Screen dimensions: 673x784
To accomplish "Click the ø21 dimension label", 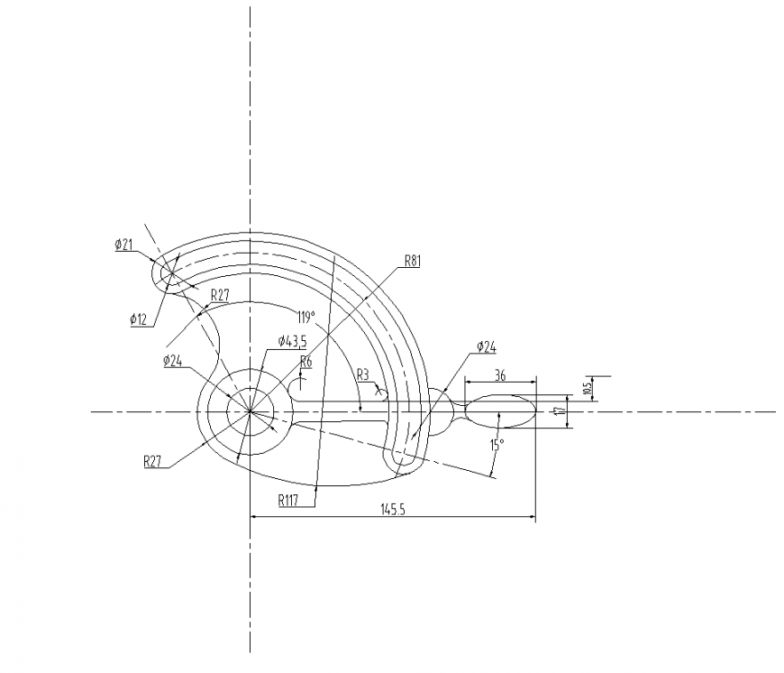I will coord(124,245).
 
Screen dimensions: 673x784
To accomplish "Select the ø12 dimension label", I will coord(139,318).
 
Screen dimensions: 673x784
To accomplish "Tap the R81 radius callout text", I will coord(413,261).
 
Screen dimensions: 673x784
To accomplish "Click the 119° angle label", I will coord(305,317).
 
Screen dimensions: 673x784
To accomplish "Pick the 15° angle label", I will coord(497,445).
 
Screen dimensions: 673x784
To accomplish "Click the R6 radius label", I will coord(305,362).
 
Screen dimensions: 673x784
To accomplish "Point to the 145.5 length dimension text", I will coord(394,510).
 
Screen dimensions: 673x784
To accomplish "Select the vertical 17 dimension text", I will coord(561,410).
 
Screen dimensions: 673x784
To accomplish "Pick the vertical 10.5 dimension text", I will coord(587,387).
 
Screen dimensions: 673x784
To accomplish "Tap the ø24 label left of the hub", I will coord(174,361).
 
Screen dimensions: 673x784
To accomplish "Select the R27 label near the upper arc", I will coord(222,295).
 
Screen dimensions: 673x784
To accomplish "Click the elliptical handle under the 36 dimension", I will coord(499,410).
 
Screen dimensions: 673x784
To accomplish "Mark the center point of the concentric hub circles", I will coord(250,411).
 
